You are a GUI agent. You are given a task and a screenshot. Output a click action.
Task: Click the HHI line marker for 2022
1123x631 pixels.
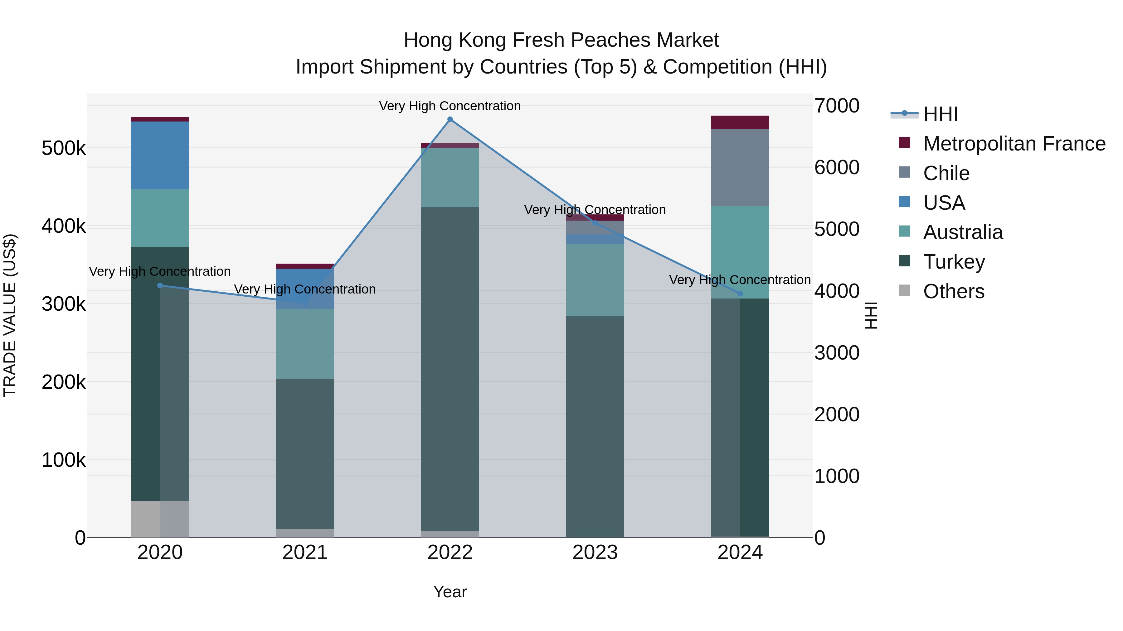click(x=450, y=119)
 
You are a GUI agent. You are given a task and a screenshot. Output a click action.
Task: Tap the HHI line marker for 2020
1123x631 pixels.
click(x=160, y=286)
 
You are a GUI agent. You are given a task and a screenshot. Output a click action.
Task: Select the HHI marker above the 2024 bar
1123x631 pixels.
click(x=740, y=294)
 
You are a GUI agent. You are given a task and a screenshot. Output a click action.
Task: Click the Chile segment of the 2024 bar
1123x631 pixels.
click(x=740, y=168)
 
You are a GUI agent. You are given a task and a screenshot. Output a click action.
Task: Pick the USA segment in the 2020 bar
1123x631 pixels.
click(x=160, y=155)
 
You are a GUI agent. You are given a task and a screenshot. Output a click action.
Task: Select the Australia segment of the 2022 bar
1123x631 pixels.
click(x=450, y=178)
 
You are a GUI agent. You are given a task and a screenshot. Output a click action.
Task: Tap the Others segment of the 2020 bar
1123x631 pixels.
click(x=160, y=519)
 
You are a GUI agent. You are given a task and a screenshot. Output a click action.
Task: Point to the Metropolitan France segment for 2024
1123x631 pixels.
click(x=740, y=122)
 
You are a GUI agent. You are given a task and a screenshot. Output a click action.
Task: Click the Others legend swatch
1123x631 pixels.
click(x=905, y=290)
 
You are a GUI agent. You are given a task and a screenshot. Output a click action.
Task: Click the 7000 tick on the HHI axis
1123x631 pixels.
click(x=837, y=106)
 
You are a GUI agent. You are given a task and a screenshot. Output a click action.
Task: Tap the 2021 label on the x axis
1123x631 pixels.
click(x=305, y=552)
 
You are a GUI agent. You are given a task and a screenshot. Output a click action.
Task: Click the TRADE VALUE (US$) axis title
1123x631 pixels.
click(x=10, y=315)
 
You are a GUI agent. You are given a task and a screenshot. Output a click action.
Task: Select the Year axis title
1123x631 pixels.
click(x=450, y=592)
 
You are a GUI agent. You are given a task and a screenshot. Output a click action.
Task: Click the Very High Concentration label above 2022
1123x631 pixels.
click(x=450, y=106)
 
